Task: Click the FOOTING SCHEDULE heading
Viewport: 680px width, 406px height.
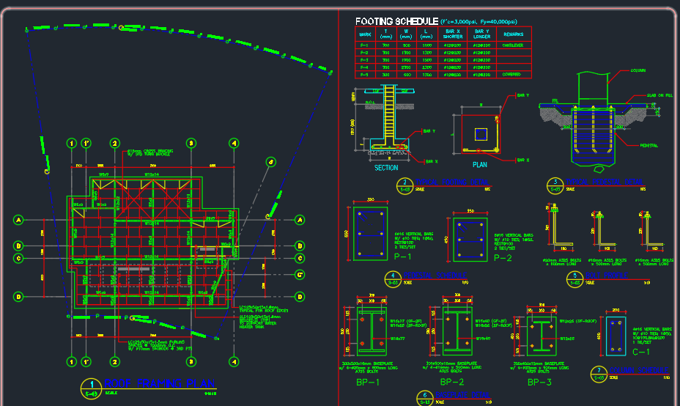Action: point(396,21)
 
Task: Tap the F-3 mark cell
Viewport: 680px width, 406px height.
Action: point(364,60)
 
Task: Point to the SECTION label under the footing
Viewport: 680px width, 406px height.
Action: point(386,168)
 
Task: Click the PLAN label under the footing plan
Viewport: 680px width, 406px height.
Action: point(480,166)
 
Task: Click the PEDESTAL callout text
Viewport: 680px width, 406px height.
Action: point(647,145)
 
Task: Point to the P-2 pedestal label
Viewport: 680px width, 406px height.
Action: point(501,258)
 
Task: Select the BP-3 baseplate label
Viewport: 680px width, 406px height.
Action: point(539,383)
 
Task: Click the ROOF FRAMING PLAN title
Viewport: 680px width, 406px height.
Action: point(159,383)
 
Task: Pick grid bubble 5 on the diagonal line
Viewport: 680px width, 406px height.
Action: point(270,162)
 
